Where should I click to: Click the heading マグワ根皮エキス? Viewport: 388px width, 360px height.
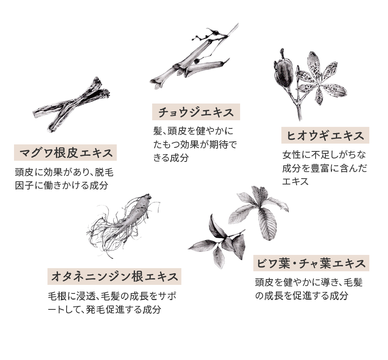66,153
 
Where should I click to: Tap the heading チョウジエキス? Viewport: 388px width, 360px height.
196,112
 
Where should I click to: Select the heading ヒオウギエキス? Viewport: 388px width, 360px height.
325,135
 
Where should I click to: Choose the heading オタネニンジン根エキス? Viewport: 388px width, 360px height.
114,276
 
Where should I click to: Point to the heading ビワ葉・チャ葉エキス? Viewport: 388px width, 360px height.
311,263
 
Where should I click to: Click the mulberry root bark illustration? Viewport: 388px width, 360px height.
72,105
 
